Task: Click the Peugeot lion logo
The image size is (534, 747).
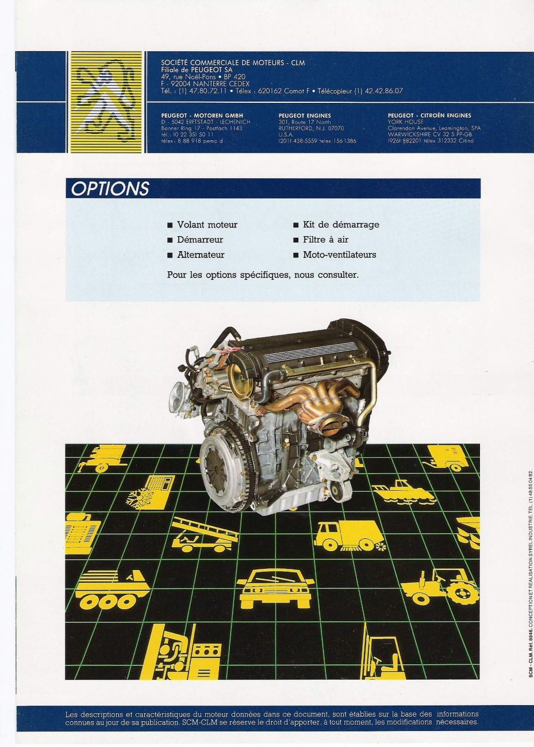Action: (x=105, y=102)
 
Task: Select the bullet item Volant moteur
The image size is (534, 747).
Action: (x=207, y=225)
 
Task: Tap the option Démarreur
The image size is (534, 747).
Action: (x=199, y=240)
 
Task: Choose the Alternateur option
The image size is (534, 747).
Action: (x=201, y=255)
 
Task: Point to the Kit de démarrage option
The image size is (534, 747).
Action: (x=341, y=225)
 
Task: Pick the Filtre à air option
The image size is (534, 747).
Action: (x=325, y=240)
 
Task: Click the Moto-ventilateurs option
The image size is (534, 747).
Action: (x=339, y=255)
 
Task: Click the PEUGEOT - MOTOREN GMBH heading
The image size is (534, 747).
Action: (x=202, y=115)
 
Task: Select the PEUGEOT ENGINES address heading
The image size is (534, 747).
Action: (x=305, y=115)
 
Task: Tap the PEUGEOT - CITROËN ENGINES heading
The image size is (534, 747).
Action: (x=429, y=115)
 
